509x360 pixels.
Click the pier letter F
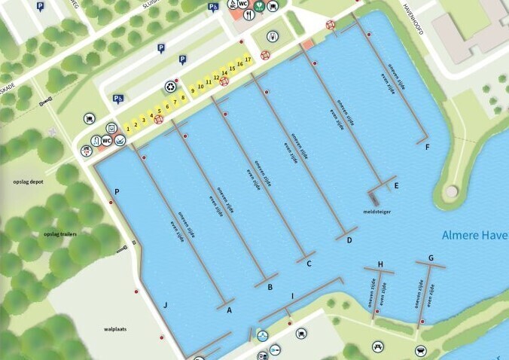point(427,147)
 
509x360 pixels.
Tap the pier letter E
point(396,185)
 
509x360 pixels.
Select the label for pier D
point(349,240)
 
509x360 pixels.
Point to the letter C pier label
point(309,264)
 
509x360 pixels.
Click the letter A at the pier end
point(230,313)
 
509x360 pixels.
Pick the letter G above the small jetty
point(431,258)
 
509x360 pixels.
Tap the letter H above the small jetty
point(380,264)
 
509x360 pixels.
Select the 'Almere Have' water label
point(475,235)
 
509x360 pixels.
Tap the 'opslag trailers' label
point(60,233)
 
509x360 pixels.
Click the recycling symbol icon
point(170,87)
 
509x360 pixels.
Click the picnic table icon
point(376,347)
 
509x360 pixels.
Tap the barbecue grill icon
point(420,351)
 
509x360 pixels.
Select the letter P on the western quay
point(117,192)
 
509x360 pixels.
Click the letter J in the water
point(164,305)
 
